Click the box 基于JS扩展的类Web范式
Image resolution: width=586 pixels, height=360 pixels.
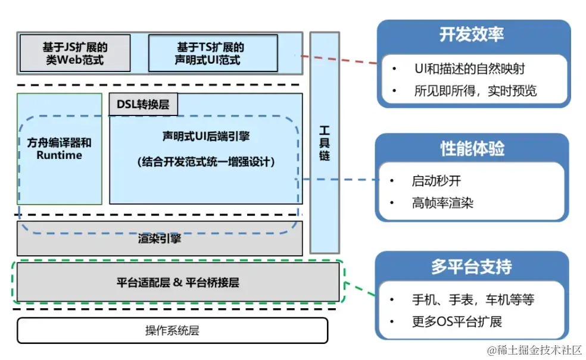click(x=75, y=53)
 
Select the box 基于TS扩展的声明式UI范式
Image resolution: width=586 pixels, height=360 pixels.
click(x=213, y=53)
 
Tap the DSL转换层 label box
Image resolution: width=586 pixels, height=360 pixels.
click(x=143, y=104)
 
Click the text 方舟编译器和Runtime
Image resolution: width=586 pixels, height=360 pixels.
click(x=59, y=149)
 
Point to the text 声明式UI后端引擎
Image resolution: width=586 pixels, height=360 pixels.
click(x=206, y=136)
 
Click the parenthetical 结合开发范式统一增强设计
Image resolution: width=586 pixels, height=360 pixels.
click(x=206, y=162)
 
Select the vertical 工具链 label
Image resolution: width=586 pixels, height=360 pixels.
click(x=325, y=143)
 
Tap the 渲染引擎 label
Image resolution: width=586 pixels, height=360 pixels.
click(x=160, y=238)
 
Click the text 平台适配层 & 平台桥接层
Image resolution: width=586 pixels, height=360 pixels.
click(x=178, y=282)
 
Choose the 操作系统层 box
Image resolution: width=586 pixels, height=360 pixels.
click(x=172, y=330)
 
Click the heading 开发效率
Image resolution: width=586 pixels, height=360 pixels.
click(x=472, y=35)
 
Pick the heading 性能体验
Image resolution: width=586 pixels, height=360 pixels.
click(x=472, y=148)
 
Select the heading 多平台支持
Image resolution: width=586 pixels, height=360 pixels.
click(x=472, y=267)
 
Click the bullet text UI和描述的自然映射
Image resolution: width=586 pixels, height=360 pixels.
click(x=470, y=68)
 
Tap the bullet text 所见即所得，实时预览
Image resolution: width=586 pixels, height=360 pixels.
click(x=475, y=91)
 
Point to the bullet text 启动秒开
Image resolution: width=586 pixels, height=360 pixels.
click(x=436, y=181)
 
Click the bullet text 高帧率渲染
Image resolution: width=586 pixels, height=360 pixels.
click(x=442, y=203)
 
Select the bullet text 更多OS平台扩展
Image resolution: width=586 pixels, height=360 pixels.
click(x=457, y=321)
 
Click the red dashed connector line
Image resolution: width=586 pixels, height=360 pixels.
click(x=339, y=60)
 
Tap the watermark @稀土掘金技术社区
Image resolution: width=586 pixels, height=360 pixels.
click(x=534, y=350)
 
